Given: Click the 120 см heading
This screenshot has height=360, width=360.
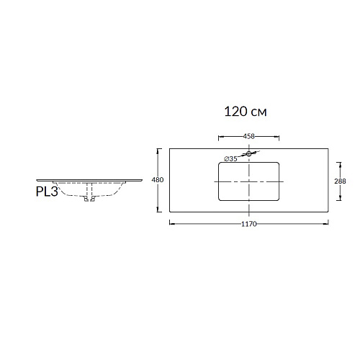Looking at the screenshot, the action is [x=246, y=112].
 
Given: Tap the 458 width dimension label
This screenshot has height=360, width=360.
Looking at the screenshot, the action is [x=248, y=136].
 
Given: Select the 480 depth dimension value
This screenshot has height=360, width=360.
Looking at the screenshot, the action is [x=158, y=180].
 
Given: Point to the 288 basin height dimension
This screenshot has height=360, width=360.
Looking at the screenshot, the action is [x=340, y=181].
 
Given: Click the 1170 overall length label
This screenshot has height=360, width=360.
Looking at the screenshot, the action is [x=249, y=224].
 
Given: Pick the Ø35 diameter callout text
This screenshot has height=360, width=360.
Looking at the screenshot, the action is [x=230, y=158].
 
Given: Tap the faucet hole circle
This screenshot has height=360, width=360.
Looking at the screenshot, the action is [x=249, y=154].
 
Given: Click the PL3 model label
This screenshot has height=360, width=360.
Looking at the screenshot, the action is [x=47, y=192].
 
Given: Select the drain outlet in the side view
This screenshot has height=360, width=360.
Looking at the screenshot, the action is [x=89, y=199].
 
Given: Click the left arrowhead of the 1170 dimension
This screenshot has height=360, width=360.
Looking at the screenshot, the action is [x=171, y=224].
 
